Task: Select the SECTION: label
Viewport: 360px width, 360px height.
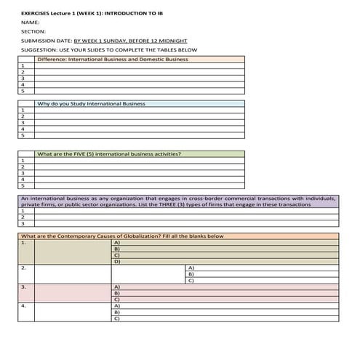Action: [x=33, y=32]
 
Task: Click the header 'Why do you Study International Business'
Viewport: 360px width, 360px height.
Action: [x=91, y=104]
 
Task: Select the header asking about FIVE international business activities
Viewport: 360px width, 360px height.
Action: [x=109, y=154]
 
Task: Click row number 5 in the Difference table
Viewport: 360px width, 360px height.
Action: [x=23, y=91]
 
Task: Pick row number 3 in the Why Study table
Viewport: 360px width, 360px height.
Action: [x=23, y=124]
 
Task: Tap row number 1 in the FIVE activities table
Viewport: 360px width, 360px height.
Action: [x=23, y=161]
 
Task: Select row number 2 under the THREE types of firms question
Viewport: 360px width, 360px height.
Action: [x=23, y=217]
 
